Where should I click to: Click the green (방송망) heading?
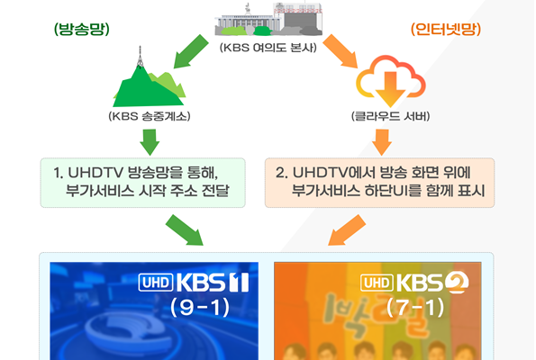[82, 29]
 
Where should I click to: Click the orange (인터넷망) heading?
[446, 29]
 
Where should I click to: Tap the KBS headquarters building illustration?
[268, 19]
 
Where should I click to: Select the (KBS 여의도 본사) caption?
[268, 47]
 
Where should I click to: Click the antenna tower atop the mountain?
[140, 57]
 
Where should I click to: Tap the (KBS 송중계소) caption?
[150, 116]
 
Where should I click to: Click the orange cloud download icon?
[390, 81]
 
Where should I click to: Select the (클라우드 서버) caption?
[390, 116]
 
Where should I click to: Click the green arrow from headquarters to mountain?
[190, 51]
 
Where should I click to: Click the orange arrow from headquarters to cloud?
[341, 51]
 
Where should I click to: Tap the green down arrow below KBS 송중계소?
[150, 142]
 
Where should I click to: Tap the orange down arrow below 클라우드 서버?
[382, 142]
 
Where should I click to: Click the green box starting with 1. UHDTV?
[143, 183]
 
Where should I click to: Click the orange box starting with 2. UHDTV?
[379, 183]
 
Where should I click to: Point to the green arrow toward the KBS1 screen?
[185, 230]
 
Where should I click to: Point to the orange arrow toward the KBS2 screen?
[347, 230]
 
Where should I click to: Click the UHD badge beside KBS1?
[156, 283]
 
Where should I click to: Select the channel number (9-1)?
[200, 308]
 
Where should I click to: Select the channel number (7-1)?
[415, 308]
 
